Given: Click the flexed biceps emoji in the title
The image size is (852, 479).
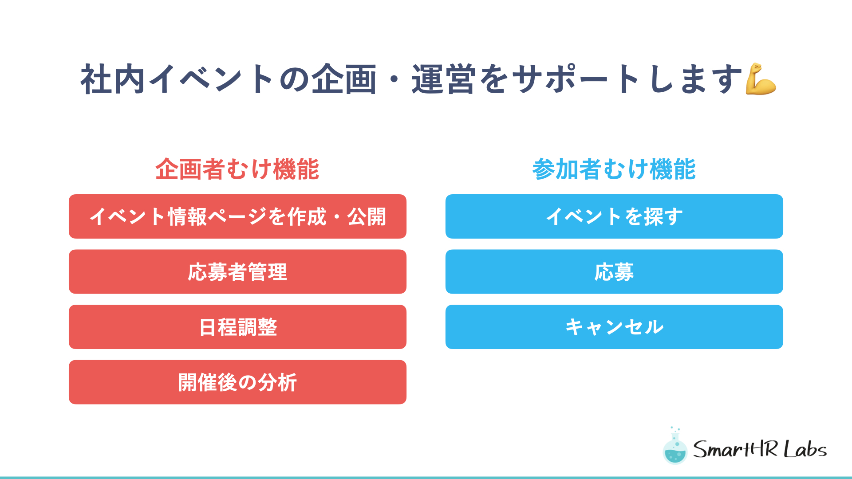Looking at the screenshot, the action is [x=761, y=79].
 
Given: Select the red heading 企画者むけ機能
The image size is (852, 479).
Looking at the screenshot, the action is [x=237, y=169].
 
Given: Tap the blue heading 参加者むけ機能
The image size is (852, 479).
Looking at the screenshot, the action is [x=614, y=169].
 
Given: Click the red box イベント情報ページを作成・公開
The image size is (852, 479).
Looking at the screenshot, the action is [x=237, y=216].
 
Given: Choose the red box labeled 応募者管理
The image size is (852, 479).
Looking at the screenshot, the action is [x=237, y=271].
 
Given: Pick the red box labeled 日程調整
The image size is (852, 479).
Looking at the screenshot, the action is [x=237, y=327].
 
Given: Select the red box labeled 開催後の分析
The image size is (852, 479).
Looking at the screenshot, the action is [x=237, y=382].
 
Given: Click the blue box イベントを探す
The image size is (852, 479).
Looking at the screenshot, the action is [x=614, y=216].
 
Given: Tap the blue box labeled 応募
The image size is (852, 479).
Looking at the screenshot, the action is [x=614, y=271].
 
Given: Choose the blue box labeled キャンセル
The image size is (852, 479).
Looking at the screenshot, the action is [x=614, y=327].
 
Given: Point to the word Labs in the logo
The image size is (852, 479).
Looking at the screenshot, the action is [x=805, y=449].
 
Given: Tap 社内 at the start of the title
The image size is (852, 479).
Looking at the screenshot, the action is [x=113, y=79].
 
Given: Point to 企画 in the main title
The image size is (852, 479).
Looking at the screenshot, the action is [x=344, y=79].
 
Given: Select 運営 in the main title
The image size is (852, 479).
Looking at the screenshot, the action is [x=444, y=79].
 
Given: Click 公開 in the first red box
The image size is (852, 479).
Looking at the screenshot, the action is [x=367, y=217].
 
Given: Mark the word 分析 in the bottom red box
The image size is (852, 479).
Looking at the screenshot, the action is [x=277, y=382].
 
